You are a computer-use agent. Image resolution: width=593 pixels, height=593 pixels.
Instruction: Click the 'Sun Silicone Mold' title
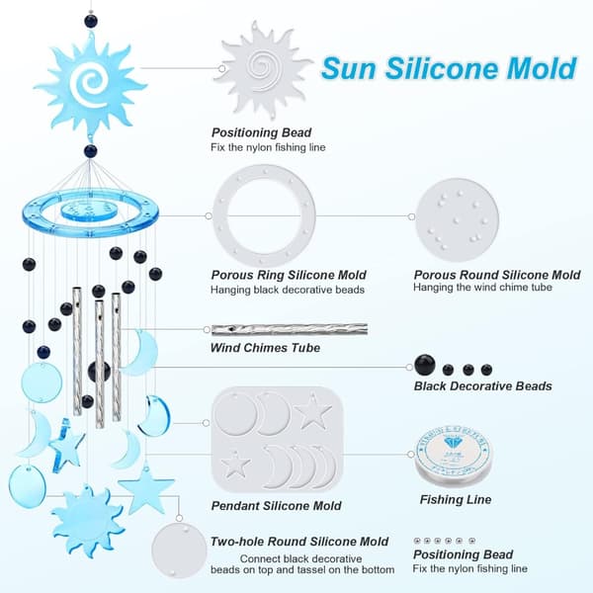tap(449, 68)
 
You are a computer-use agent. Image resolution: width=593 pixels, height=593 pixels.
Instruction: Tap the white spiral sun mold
tap(264, 70)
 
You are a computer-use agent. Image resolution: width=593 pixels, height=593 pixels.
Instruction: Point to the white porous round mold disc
tap(458, 219)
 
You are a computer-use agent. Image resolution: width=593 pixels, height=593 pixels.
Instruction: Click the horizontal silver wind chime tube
tap(290, 329)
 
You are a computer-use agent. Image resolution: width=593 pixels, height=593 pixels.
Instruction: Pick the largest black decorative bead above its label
tap(425, 365)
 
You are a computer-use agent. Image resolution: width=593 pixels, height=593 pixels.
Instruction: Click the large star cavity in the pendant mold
tap(312, 411)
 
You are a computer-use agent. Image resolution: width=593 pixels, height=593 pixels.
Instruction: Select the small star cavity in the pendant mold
tap(235, 464)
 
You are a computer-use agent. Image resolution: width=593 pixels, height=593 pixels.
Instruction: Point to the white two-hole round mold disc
tap(179, 550)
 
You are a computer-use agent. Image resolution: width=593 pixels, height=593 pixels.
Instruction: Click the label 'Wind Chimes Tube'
tap(265, 348)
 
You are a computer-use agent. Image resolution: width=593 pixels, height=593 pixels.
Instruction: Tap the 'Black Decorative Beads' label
tap(483, 385)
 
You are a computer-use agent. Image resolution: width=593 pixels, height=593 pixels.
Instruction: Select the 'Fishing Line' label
tap(456, 499)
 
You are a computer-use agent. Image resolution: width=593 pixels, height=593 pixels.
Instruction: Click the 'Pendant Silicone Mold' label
tap(276, 506)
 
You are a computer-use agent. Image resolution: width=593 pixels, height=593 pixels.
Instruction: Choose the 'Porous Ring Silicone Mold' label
tap(289, 275)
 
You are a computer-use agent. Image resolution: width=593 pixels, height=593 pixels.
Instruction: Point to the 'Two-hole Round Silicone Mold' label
tap(299, 542)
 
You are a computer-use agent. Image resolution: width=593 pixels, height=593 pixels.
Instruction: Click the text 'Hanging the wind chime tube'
tap(482, 287)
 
